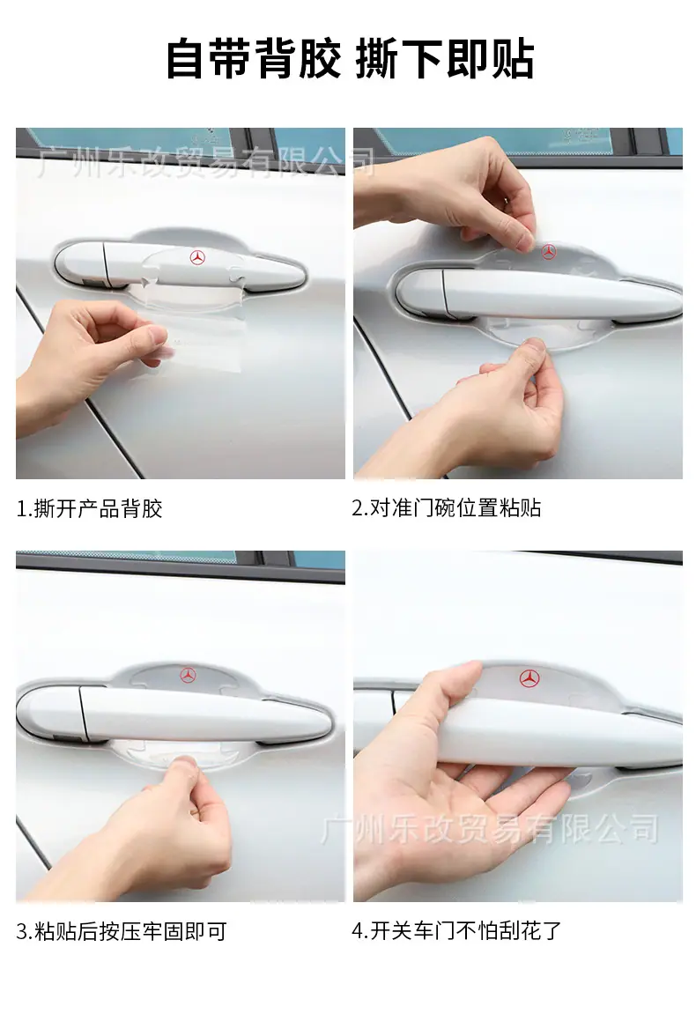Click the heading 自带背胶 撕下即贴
coord(350,60)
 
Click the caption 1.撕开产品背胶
coord(89,509)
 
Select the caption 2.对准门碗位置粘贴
coord(447,508)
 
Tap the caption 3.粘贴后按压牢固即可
coord(122,932)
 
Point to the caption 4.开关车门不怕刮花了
coord(456,931)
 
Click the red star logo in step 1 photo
coord(197,257)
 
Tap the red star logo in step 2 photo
coord(549,252)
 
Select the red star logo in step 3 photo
coord(189,675)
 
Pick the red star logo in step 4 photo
coord(529,677)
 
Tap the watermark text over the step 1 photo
coord(205,162)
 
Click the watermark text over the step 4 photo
coord(490,830)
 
